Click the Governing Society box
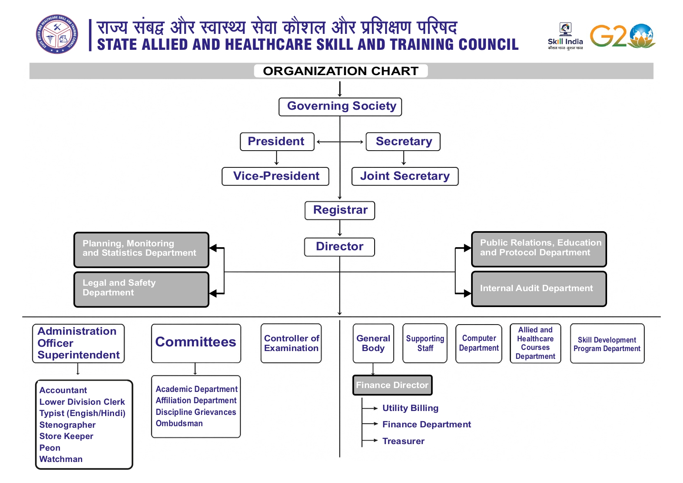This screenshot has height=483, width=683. click(340, 107)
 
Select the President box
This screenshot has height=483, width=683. click(277, 142)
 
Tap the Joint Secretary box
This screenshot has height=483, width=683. click(405, 176)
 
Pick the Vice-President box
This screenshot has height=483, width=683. click(275, 176)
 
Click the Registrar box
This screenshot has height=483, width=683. click(340, 211)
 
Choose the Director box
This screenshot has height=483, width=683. click(339, 247)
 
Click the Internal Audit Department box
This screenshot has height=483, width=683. click(539, 289)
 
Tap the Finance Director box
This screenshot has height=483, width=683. click(392, 385)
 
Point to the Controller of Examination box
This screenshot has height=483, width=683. click(291, 343)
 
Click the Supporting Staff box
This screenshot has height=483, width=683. click(425, 343)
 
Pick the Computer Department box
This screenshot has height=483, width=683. click(479, 343)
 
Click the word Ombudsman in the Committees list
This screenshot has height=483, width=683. click(179, 423)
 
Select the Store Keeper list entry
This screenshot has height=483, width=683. click(66, 436)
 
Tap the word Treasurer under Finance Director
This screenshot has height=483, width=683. click(403, 441)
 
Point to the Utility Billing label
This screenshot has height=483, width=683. click(410, 408)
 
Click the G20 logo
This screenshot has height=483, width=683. click(622, 36)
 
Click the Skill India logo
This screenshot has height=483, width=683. click(565, 36)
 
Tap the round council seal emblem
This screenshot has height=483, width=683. click(57, 35)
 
